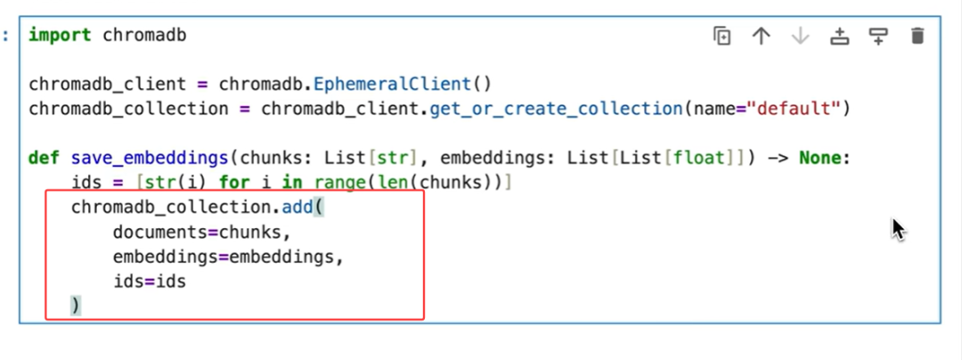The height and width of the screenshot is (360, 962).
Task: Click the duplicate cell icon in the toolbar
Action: click(x=721, y=37)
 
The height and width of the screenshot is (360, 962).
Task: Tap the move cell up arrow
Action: click(x=761, y=37)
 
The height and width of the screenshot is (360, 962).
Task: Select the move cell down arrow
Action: click(x=800, y=37)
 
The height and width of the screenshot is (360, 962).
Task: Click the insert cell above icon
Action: click(x=839, y=37)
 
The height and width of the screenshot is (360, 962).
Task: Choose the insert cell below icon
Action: click(x=878, y=37)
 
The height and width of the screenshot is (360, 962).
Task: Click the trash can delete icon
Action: click(x=917, y=37)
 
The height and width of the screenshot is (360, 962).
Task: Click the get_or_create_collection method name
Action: click(x=556, y=110)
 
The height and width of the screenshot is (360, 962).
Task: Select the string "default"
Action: click(x=794, y=110)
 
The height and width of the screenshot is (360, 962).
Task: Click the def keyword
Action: click(x=45, y=159)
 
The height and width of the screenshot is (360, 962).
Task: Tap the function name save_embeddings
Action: click(x=148, y=159)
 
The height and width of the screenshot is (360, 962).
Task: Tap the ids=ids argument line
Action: click(x=149, y=282)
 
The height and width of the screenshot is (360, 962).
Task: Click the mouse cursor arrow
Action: click(x=897, y=228)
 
